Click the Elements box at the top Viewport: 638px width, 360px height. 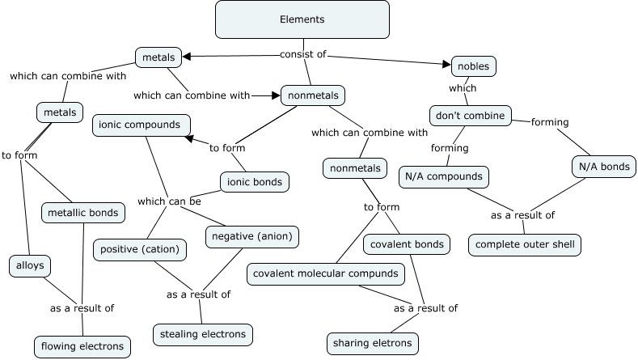click(x=302, y=19)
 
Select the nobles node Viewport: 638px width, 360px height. click(x=473, y=66)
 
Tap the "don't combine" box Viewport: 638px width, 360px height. click(x=470, y=116)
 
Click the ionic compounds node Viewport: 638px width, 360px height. click(x=142, y=125)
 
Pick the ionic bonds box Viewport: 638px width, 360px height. click(x=255, y=182)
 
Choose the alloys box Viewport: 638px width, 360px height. click(x=30, y=265)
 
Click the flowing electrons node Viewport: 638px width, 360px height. click(x=82, y=347)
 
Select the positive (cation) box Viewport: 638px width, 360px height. click(x=140, y=249)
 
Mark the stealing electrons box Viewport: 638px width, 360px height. click(x=203, y=333)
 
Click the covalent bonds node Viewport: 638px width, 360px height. click(x=406, y=244)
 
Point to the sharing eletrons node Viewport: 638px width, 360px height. click(x=373, y=343)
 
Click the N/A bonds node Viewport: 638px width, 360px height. click(x=602, y=167)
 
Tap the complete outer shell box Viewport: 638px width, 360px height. click(x=525, y=244)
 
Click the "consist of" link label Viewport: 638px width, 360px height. click(x=302, y=54)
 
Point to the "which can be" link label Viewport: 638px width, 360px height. click(x=169, y=201)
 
